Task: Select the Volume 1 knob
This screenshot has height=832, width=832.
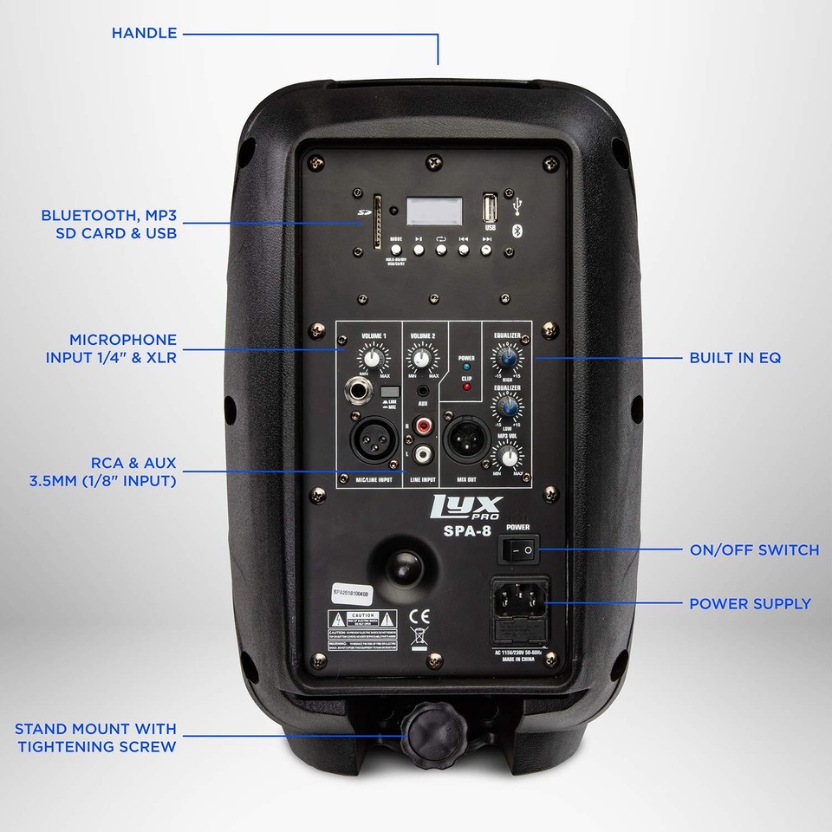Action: point(374,358)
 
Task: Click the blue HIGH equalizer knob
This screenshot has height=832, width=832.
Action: point(508,356)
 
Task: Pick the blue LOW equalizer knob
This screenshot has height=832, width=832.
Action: point(508,406)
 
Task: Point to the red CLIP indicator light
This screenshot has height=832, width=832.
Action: point(466,386)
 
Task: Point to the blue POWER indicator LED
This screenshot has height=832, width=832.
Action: point(466,367)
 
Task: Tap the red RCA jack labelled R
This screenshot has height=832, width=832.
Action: point(424,426)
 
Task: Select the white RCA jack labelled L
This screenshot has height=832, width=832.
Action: point(424,454)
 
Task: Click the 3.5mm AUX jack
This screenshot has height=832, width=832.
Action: point(423,393)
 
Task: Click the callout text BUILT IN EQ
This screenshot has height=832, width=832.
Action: point(735,357)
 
